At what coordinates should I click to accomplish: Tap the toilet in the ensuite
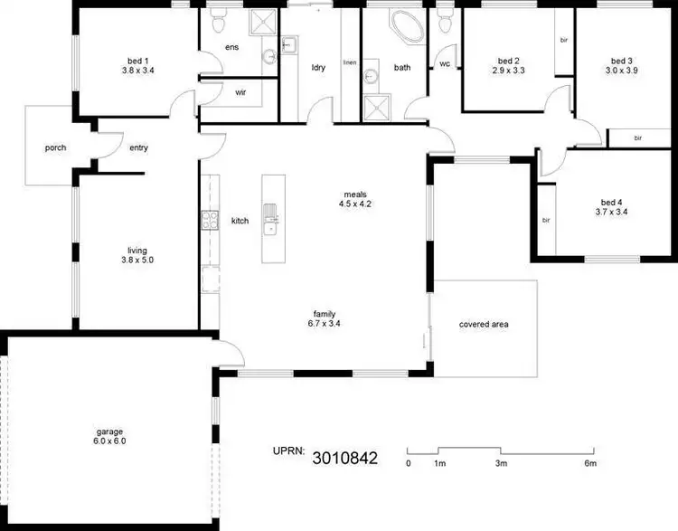(x=218, y=20)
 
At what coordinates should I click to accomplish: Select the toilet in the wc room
(x=444, y=20)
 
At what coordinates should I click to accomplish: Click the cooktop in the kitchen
(x=210, y=220)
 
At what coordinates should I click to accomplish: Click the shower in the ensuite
(x=262, y=22)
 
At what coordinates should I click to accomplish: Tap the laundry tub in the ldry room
(x=289, y=44)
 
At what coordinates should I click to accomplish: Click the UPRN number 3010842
(x=345, y=458)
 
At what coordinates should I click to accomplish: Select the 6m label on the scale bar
(x=590, y=463)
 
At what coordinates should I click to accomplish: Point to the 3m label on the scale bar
(x=501, y=463)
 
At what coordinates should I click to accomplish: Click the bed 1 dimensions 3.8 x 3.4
(x=138, y=71)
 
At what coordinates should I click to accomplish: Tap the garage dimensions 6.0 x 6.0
(x=109, y=441)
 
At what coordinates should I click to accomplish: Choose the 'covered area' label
(x=484, y=324)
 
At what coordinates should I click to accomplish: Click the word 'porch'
(x=56, y=148)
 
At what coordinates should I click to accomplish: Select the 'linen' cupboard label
(x=350, y=62)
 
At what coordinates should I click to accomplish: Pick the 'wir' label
(x=240, y=92)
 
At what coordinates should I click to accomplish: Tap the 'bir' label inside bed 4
(x=546, y=221)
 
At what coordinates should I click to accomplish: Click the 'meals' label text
(x=355, y=194)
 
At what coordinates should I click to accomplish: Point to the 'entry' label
(x=139, y=148)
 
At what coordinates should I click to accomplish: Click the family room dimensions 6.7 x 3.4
(x=325, y=323)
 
